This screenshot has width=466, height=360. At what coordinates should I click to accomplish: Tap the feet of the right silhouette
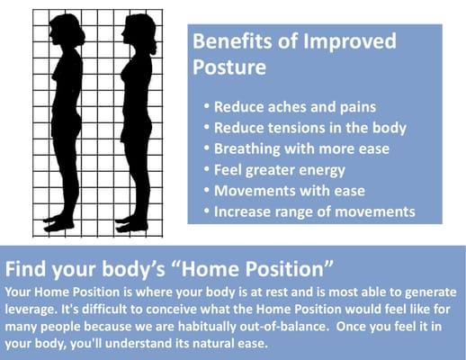pos(135,220)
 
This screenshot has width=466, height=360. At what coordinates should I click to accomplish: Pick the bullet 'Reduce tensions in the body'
pos(309,127)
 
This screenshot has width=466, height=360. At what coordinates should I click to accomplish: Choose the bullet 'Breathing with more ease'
pos(300,148)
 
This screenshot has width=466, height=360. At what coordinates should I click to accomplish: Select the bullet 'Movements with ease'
pos(288,190)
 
